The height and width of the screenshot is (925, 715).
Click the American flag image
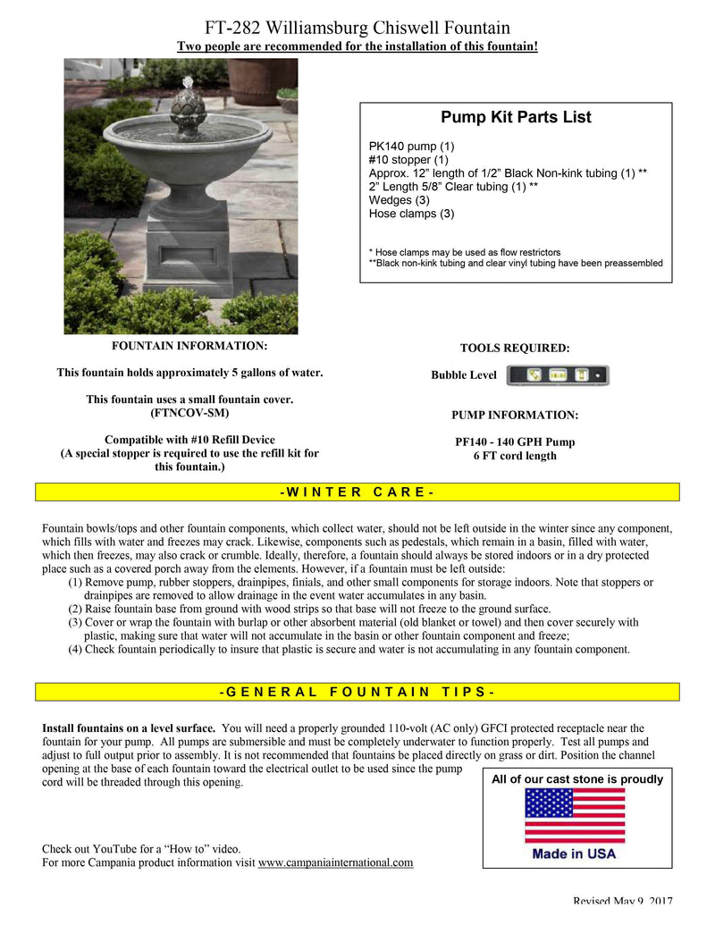pyautogui.click(x=574, y=814)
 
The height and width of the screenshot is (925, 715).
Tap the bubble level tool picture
pyautogui.click(x=557, y=374)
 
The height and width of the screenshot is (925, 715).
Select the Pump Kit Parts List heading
pyautogui.click(x=516, y=118)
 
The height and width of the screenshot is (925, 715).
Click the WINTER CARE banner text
pyautogui.click(x=357, y=492)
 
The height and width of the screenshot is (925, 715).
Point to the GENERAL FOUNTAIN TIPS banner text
pyautogui.click(x=357, y=692)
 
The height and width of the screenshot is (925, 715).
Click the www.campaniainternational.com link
pyautogui.click(x=335, y=862)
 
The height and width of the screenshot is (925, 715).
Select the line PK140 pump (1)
pyautogui.click(x=411, y=147)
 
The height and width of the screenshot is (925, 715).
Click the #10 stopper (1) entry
pyautogui.click(x=408, y=160)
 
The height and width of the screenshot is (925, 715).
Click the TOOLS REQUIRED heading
pyautogui.click(x=514, y=349)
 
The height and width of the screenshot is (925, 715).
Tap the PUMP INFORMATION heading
pyautogui.click(x=514, y=416)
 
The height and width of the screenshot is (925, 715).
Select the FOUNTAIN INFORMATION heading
pyautogui.click(x=189, y=346)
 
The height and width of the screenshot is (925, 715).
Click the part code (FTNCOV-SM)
pyautogui.click(x=189, y=413)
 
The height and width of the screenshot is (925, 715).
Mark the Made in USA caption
pyautogui.click(x=574, y=854)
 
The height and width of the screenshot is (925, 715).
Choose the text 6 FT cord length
pyautogui.click(x=515, y=456)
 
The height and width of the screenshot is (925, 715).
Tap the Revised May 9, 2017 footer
pyautogui.click(x=622, y=901)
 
